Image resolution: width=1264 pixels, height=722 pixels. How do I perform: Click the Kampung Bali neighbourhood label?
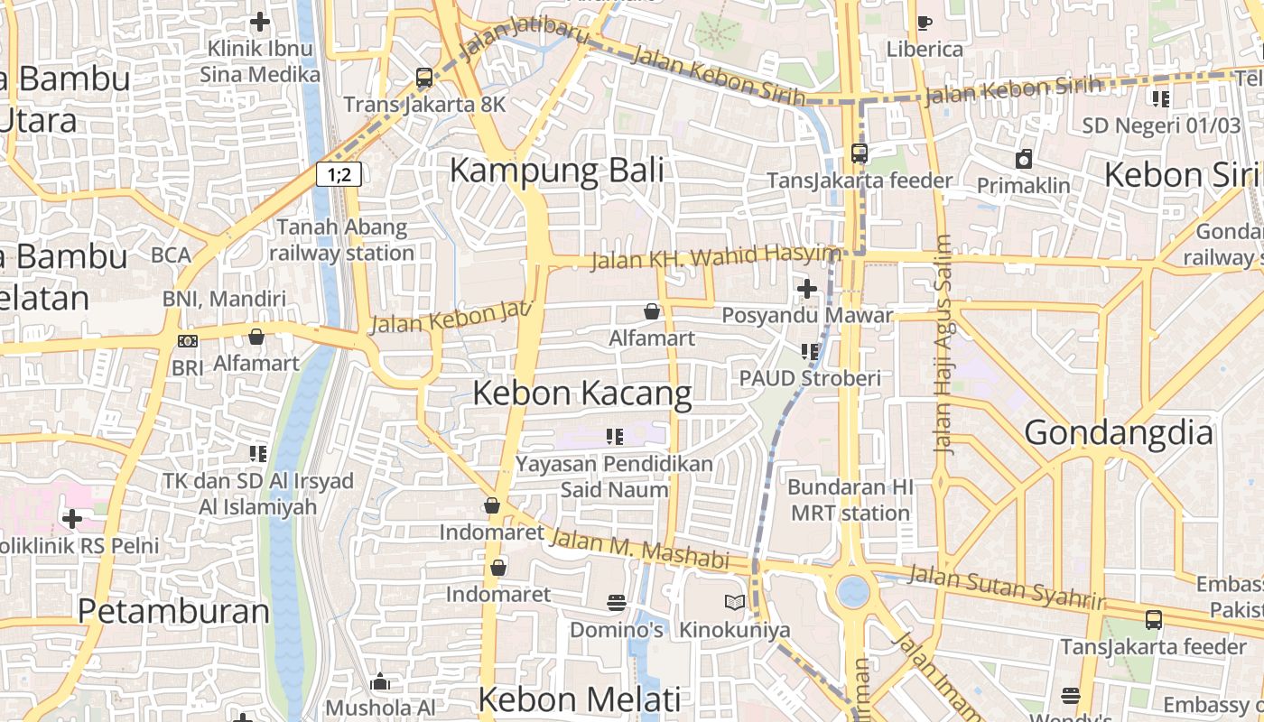[x=556, y=170]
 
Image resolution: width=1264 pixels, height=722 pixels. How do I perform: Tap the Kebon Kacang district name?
[x=582, y=393]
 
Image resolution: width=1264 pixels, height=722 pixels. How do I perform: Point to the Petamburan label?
[x=173, y=611]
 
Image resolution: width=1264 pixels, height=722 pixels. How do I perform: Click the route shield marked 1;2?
[x=339, y=174]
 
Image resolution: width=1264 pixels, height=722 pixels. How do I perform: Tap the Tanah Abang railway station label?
[x=341, y=240]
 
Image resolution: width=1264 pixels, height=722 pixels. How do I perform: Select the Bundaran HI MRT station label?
[x=850, y=500]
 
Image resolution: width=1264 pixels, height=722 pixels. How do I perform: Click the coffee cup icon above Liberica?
[x=924, y=23]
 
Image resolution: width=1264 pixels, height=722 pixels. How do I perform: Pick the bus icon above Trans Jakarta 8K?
[x=424, y=78]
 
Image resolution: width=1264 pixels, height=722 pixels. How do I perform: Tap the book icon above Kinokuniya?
[x=734, y=602]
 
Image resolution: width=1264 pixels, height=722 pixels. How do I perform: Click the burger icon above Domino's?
[x=617, y=602]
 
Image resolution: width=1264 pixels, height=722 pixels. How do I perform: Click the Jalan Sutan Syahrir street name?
[x=1006, y=588]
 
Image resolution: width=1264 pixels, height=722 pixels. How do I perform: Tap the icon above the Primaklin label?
[x=1023, y=160]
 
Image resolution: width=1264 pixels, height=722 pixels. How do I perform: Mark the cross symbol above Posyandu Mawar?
[x=806, y=289]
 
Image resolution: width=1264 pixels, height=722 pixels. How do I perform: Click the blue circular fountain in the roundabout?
[x=852, y=592]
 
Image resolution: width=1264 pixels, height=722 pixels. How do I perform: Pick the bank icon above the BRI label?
[x=188, y=340]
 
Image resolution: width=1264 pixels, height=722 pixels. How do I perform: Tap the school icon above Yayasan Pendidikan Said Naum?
[x=615, y=438]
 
